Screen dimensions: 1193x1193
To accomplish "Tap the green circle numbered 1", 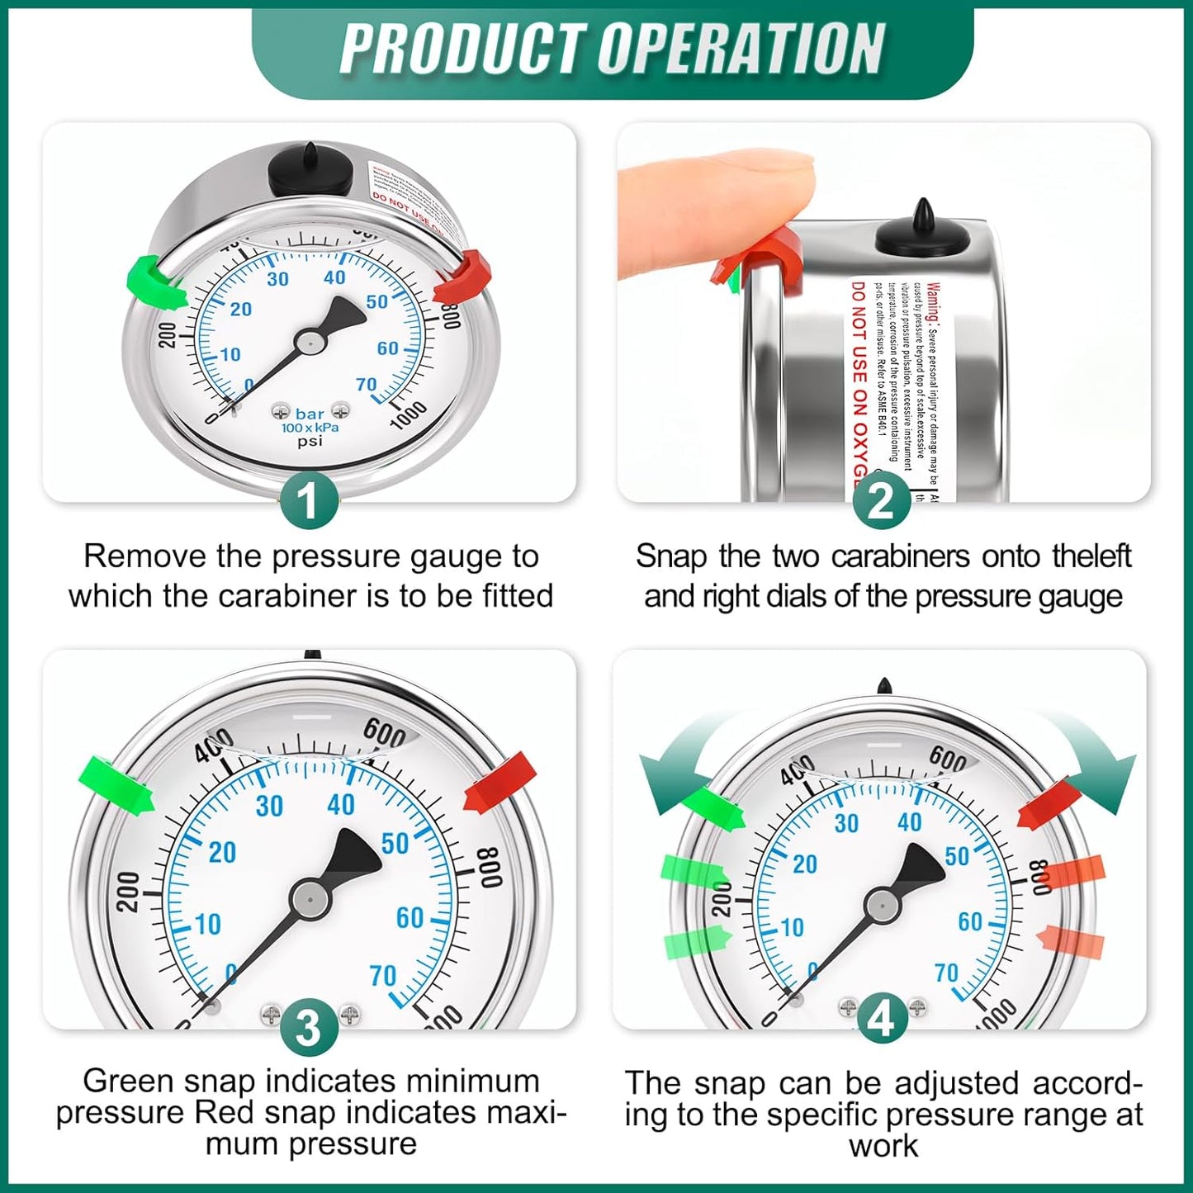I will point(309,500).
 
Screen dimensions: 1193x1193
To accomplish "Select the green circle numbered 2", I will point(881,500).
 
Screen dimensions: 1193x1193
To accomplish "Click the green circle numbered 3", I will point(309,1028).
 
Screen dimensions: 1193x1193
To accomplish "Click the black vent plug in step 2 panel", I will point(922,231).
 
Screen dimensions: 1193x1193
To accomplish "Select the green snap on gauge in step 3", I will point(116,784).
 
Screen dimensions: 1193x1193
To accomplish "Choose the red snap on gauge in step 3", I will point(500,783).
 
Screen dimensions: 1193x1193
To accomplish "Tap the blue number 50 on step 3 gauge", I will point(395,843).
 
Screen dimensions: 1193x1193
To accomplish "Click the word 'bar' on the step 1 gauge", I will point(310,414).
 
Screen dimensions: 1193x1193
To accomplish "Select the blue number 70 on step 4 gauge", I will point(947,973).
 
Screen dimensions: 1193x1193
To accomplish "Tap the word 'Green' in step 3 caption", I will point(129,1081).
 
